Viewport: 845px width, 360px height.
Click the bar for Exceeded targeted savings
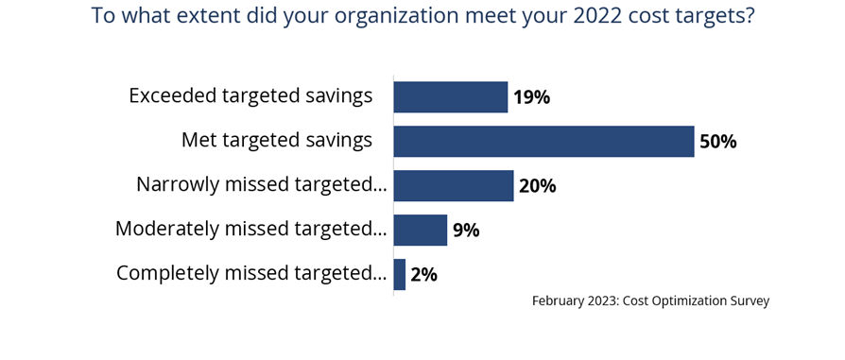pyautogui.click(x=450, y=97)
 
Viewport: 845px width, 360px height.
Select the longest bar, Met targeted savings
pyautogui.click(x=543, y=142)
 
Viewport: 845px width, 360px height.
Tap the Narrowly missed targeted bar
pyautogui.click(x=453, y=185)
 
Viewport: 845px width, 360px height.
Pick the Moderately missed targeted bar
pyautogui.click(x=420, y=230)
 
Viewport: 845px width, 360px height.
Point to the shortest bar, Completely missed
pyautogui.click(x=400, y=274)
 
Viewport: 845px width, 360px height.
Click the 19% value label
pyautogui.click(x=531, y=97)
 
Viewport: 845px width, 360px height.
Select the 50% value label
pyautogui.click(x=717, y=143)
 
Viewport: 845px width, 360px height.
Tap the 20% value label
pyautogui.click(x=537, y=186)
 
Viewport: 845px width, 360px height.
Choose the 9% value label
pyautogui.click(x=466, y=231)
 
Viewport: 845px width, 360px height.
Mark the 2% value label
pyautogui.click(x=423, y=275)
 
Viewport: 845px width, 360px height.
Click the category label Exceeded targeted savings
pyautogui.click(x=250, y=95)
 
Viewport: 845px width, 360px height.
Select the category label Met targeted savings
pyautogui.click(x=277, y=140)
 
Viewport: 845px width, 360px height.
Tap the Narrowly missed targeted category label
pyautogui.click(x=262, y=184)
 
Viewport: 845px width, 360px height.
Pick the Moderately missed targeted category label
pyautogui.click(x=250, y=229)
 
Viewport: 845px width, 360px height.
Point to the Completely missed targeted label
pyautogui.click(x=251, y=273)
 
